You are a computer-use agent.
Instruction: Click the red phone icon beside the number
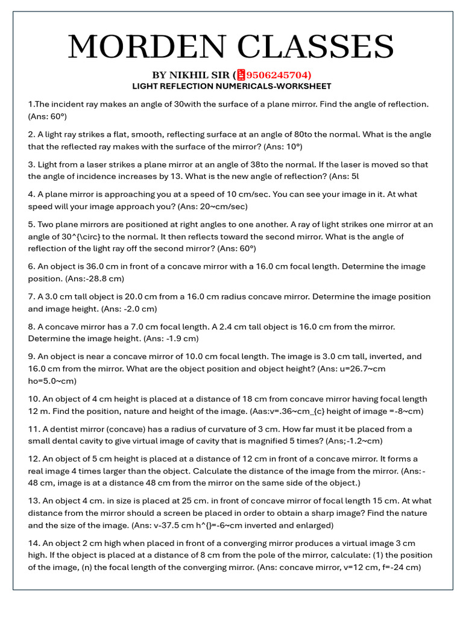241,75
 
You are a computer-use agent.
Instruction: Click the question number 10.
34,398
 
